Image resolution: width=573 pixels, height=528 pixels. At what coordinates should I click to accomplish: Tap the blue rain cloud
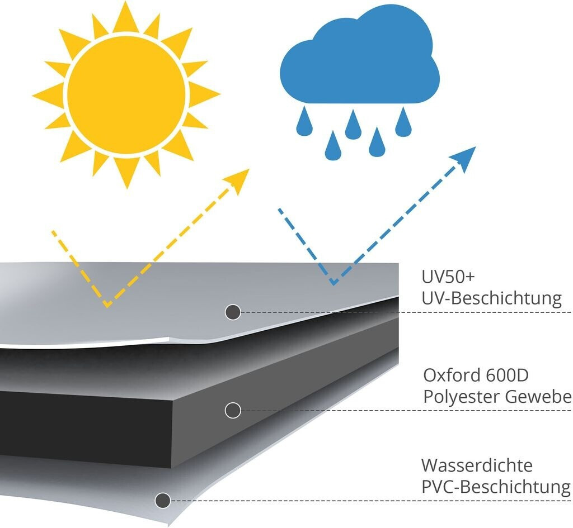tap(360, 54)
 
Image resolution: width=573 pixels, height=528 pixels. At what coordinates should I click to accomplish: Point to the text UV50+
tap(448, 277)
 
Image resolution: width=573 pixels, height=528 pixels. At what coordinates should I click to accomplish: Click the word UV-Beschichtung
tap(491, 298)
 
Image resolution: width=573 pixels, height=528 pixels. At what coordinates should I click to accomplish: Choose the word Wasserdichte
tap(477, 465)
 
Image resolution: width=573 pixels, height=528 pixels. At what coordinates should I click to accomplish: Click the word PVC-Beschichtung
tap(496, 487)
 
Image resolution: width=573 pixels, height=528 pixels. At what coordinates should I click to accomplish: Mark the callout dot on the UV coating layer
tap(233, 312)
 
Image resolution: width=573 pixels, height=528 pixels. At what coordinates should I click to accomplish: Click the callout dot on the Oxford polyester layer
tap(233, 411)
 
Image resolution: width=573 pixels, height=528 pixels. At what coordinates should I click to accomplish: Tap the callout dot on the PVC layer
tap(163, 500)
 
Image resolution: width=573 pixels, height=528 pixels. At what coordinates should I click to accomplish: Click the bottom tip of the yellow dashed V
tap(107, 306)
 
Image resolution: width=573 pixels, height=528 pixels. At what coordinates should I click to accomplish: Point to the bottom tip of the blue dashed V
tap(334, 283)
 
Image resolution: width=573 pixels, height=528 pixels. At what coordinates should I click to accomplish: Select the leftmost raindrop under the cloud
tap(304, 121)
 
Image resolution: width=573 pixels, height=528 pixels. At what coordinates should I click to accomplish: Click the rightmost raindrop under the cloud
tap(403, 122)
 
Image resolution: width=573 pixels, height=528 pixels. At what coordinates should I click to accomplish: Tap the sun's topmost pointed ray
tap(126, 16)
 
